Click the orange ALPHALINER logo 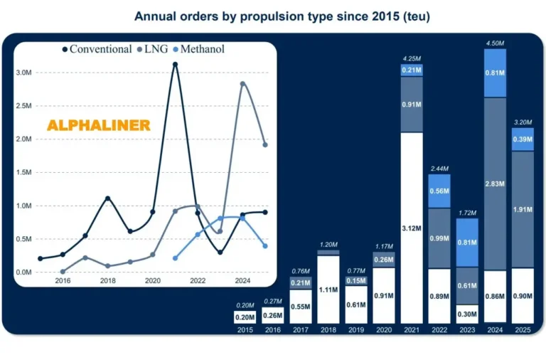[x=98, y=125]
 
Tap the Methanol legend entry [x=200, y=49]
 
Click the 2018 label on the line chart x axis [x=107, y=281]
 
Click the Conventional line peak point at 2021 [x=175, y=65]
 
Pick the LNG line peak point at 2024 [x=243, y=84]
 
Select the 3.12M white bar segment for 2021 [x=412, y=228]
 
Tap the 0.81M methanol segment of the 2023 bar [x=467, y=242]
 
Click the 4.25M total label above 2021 [x=412, y=58]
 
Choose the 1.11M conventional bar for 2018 [x=328, y=290]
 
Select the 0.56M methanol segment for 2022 [x=439, y=191]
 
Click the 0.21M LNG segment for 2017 [x=301, y=283]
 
